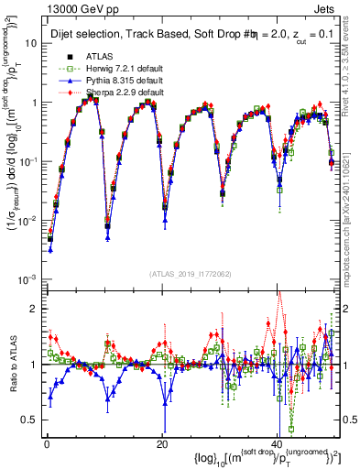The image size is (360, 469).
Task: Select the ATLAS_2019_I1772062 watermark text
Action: coord(191,274)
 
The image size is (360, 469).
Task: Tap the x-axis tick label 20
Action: coord(162,442)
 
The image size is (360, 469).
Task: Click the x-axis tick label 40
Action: coord(277,442)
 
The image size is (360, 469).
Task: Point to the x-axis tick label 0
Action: coord(46,442)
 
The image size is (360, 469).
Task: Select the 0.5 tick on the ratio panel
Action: coord(32,420)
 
